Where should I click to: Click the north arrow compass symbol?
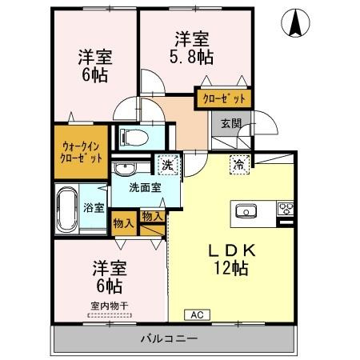294,23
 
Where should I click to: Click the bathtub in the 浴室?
67,208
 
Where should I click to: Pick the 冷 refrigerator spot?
238,165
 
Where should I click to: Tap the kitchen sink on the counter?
245,211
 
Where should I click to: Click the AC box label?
196,314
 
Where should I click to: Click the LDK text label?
227,250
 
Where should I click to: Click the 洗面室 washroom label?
146,189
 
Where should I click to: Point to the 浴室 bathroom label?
94,208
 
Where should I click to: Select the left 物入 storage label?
122,224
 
